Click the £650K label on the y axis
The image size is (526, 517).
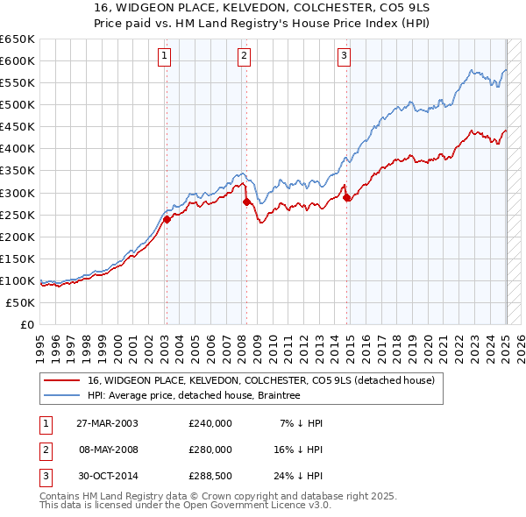pyautogui.click(x=18, y=39)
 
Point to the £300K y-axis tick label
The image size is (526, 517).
pyautogui.click(x=18, y=193)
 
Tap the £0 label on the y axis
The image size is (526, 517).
pyautogui.click(x=27, y=324)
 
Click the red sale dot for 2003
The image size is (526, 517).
pyautogui.click(x=167, y=219)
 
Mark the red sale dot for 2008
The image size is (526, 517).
pyautogui.click(x=246, y=202)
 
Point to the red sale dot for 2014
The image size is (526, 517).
pyautogui.click(x=347, y=198)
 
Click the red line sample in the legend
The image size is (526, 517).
pyautogui.click(x=62, y=379)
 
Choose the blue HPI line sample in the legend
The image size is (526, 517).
pyautogui.click(x=62, y=395)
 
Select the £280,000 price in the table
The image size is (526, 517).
pyautogui.click(x=210, y=450)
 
